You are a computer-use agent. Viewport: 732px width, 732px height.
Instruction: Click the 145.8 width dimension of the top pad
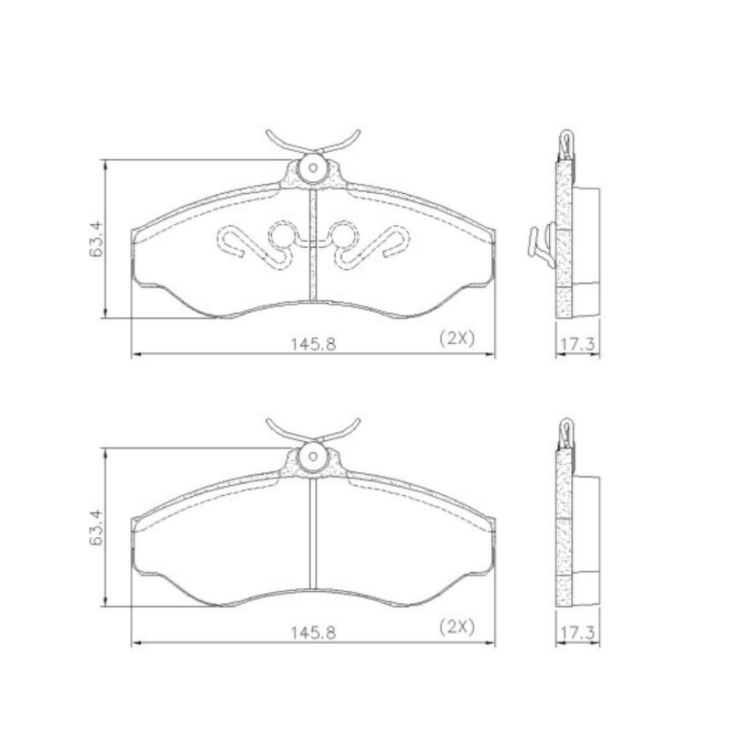(313, 345)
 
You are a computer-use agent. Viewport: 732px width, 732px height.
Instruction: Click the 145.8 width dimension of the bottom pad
(313, 633)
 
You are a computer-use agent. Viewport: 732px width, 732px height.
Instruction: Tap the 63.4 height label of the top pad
(96, 240)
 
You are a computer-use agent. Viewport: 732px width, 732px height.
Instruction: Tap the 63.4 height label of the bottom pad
(96, 528)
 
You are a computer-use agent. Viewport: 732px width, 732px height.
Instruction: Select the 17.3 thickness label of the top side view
(577, 345)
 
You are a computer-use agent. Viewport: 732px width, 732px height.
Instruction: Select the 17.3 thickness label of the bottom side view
(577, 633)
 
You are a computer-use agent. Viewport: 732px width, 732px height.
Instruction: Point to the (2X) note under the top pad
(457, 338)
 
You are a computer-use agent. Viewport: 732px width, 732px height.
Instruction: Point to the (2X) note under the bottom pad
(457, 626)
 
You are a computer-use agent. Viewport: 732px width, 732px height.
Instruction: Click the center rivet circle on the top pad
(313, 168)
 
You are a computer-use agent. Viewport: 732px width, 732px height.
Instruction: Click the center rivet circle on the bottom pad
(313, 457)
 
